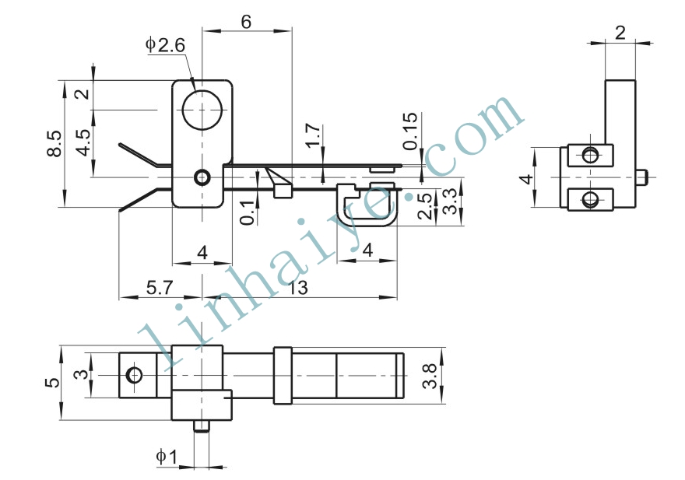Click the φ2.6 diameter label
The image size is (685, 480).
pyautogui.click(x=165, y=45)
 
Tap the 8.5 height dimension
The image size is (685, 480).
pyautogui.click(x=54, y=144)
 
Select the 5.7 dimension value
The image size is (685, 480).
pyautogui.click(x=160, y=288)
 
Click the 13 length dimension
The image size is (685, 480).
pyautogui.click(x=297, y=288)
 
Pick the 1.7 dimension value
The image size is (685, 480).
pyautogui.click(x=314, y=136)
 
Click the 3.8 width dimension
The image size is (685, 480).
pyautogui.click(x=430, y=376)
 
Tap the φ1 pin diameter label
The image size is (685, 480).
pyautogui.click(x=167, y=457)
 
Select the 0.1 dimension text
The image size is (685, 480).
pyautogui.click(x=248, y=212)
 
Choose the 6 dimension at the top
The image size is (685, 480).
pyautogui.click(x=247, y=22)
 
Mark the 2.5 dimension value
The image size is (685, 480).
pyautogui.click(x=426, y=205)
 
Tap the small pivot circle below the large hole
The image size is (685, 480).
pyautogui.click(x=202, y=177)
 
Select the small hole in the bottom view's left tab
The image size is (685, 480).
pyautogui.click(x=134, y=375)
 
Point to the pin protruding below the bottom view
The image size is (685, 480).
pyautogui.click(x=202, y=426)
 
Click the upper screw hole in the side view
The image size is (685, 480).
pyautogui.click(x=591, y=155)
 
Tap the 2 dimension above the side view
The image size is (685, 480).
pyautogui.click(x=620, y=33)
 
